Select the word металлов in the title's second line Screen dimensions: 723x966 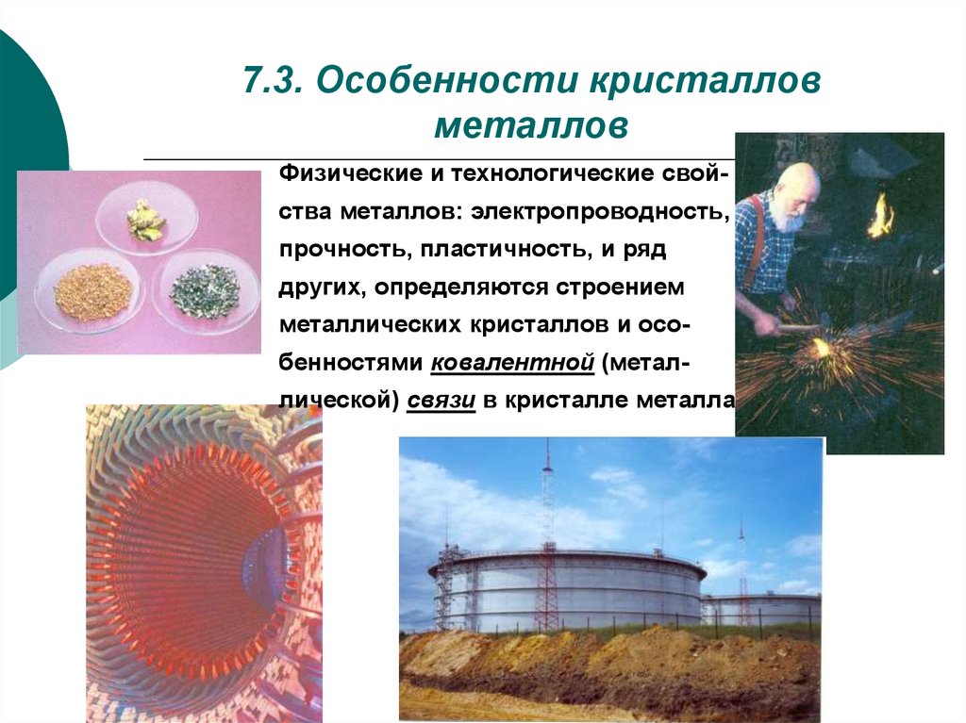[531, 125]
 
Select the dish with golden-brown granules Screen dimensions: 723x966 [92, 292]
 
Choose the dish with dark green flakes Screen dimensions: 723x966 [205, 291]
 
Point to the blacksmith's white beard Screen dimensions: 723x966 [785, 216]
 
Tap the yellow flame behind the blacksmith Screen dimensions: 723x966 [881, 214]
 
